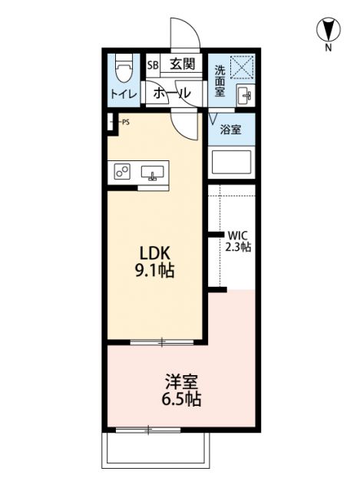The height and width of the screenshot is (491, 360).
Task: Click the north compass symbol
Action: click(x=328, y=31)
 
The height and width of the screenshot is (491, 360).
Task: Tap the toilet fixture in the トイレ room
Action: click(x=124, y=68)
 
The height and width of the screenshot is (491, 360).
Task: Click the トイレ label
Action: click(x=123, y=95)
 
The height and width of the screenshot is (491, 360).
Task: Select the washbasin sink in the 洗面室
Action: click(x=245, y=97)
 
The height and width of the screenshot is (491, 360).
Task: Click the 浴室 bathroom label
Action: click(x=231, y=130)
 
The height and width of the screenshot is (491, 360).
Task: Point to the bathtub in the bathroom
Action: click(x=232, y=163)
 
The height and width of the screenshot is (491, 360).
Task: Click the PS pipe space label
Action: click(x=124, y=121)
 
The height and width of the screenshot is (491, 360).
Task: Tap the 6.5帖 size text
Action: click(x=182, y=399)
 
